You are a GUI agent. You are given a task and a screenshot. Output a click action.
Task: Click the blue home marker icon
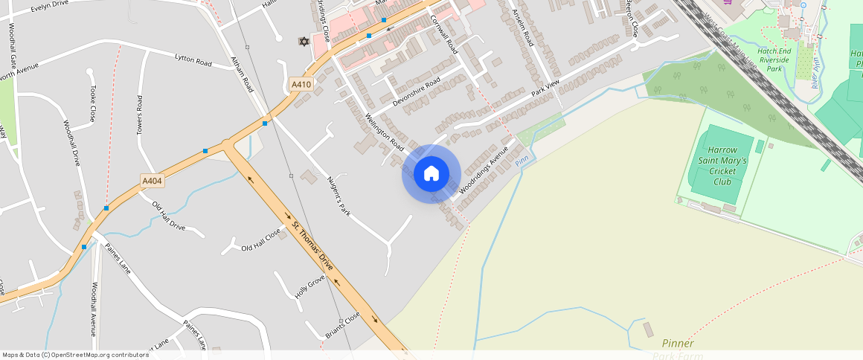[x=431, y=174]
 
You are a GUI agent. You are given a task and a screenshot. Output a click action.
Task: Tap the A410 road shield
[x=301, y=85]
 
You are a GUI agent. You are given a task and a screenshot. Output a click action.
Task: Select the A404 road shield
[x=152, y=180]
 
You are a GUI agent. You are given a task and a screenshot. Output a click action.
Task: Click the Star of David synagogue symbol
[x=303, y=41]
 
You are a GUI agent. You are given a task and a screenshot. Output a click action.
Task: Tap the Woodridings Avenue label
[x=483, y=170]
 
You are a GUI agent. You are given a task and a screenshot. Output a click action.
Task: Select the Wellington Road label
[x=385, y=132]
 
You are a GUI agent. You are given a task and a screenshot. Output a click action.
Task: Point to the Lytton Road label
[x=193, y=60]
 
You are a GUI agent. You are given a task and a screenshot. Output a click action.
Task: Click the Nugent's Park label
[x=339, y=196]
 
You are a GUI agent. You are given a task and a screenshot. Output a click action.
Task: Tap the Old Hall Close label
[x=261, y=240]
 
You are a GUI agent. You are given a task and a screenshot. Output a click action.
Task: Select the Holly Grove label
[x=310, y=286]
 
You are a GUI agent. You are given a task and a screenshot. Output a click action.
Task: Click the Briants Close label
[x=343, y=326]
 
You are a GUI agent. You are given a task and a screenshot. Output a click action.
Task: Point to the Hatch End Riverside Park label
[x=778, y=60]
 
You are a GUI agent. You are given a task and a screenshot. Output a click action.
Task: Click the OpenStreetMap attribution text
[x=75, y=355]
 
